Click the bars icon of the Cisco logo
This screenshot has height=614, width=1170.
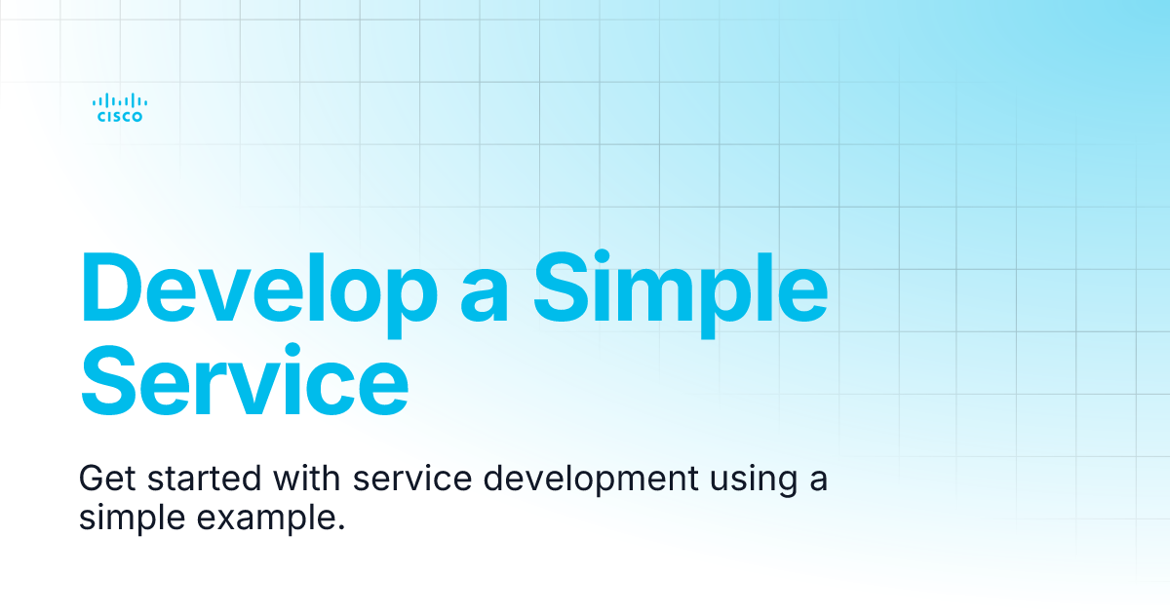[120, 99]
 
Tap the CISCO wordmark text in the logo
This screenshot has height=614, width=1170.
[120, 117]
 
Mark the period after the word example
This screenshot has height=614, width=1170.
[341, 527]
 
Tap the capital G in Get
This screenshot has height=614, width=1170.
[93, 480]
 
